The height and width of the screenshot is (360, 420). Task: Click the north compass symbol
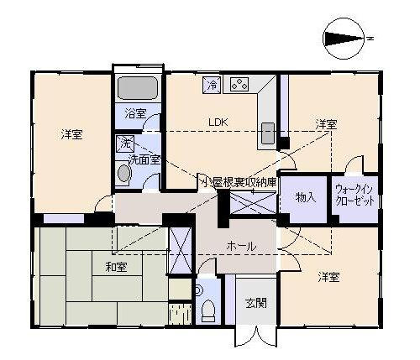click(x=344, y=39)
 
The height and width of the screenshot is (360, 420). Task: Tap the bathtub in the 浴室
click(x=137, y=88)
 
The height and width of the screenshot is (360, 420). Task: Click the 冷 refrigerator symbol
click(x=213, y=85)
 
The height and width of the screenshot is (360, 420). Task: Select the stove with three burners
click(x=239, y=84)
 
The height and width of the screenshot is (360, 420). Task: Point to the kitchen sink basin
click(x=268, y=133)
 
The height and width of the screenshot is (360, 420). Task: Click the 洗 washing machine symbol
click(x=125, y=143)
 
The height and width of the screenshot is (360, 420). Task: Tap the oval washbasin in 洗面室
click(x=124, y=174)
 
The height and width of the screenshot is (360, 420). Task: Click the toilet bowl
click(x=207, y=310)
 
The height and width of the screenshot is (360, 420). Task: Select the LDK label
click(x=218, y=123)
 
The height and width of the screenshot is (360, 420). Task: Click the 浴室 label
click(x=135, y=114)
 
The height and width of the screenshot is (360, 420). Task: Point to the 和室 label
click(x=117, y=267)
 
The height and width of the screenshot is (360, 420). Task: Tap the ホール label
click(x=242, y=247)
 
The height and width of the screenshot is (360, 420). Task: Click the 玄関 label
click(x=256, y=303)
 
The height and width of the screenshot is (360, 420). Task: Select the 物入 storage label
click(x=306, y=198)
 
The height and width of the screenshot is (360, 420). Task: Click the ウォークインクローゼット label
click(x=354, y=195)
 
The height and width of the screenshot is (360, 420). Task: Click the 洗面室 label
click(x=144, y=159)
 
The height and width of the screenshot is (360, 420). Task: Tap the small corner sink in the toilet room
click(x=198, y=290)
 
